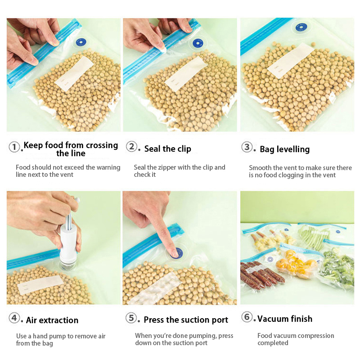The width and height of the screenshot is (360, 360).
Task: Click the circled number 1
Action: click(x=14, y=147)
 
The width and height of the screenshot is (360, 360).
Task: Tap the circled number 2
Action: click(x=131, y=146)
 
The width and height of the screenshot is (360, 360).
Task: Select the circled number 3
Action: click(x=247, y=147)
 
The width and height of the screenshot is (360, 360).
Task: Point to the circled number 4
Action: click(x=14, y=318)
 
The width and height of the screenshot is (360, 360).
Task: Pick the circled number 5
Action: click(x=131, y=318)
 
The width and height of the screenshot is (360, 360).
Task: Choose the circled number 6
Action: click(x=247, y=317)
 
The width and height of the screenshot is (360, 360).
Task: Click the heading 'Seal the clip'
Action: click(x=167, y=149)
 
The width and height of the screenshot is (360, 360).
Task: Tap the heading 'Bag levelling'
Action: click(x=285, y=149)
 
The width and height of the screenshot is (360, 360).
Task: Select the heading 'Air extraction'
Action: click(x=52, y=320)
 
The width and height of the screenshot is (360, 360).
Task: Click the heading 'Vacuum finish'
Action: click(x=285, y=319)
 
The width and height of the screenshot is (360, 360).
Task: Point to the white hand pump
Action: click(x=68, y=243)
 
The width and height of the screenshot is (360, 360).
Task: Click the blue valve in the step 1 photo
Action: click(x=81, y=42)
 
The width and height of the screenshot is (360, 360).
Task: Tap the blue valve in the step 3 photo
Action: click(x=301, y=27)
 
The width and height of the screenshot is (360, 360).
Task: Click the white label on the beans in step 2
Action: click(x=186, y=73)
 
